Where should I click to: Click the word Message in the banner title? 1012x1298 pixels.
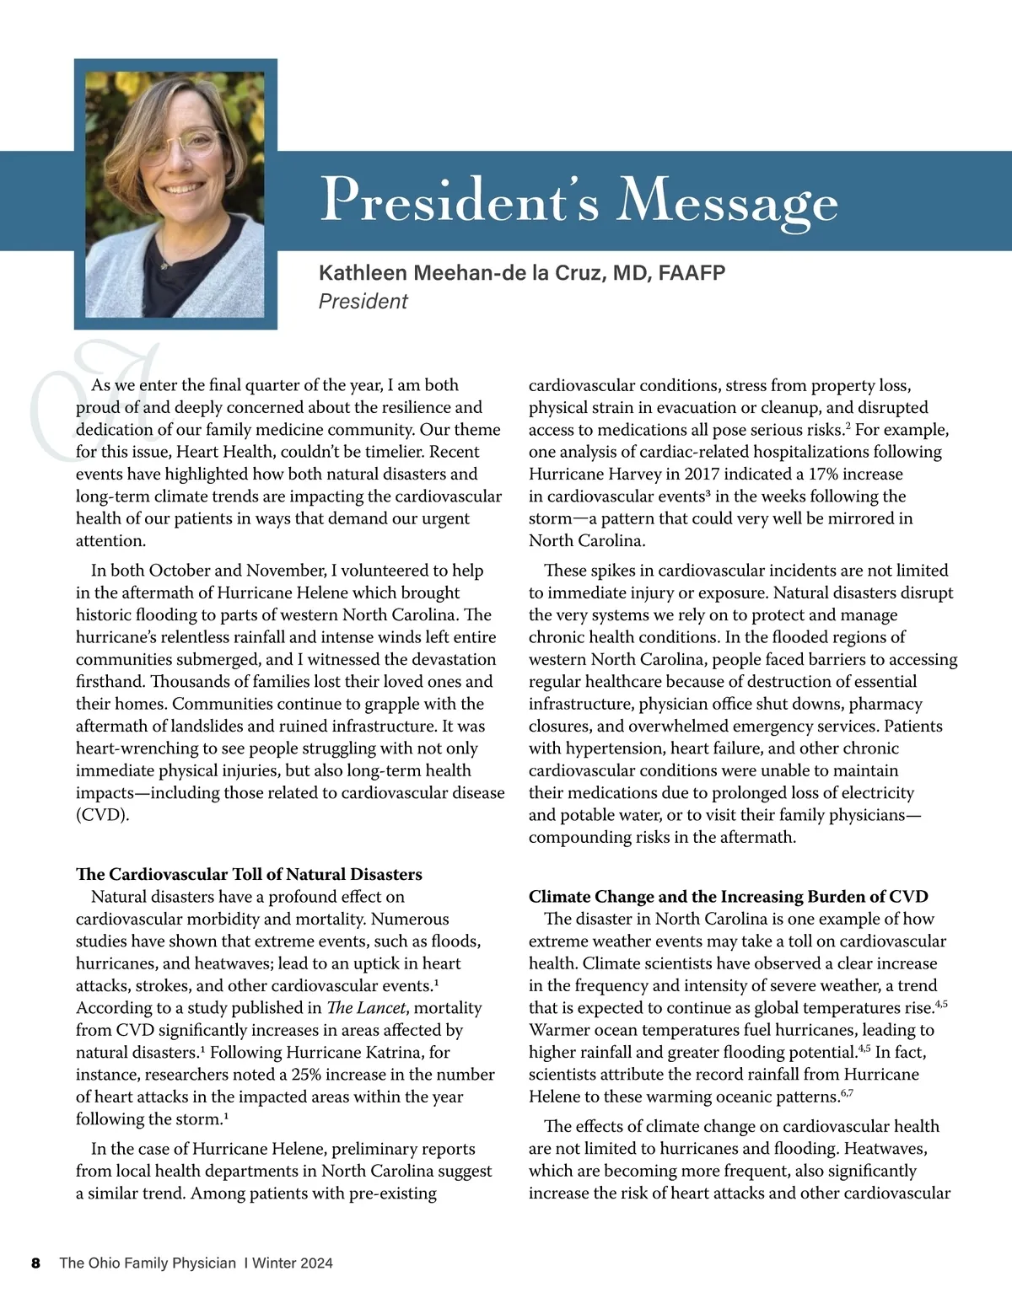[728, 202]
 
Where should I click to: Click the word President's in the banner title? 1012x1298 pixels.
[460, 201]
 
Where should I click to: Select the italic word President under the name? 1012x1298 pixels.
[363, 302]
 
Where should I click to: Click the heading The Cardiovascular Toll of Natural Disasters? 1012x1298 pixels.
[249, 874]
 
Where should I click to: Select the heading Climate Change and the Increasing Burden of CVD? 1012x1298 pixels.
[728, 897]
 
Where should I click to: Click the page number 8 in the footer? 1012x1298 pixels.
[35, 1263]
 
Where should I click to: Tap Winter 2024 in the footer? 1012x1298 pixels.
[293, 1263]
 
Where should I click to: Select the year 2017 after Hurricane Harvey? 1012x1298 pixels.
[702, 475]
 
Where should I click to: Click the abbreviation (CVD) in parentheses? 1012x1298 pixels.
[102, 815]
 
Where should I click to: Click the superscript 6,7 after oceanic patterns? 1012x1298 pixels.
[847, 1093]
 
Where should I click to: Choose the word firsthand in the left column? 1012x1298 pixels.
[110, 682]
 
